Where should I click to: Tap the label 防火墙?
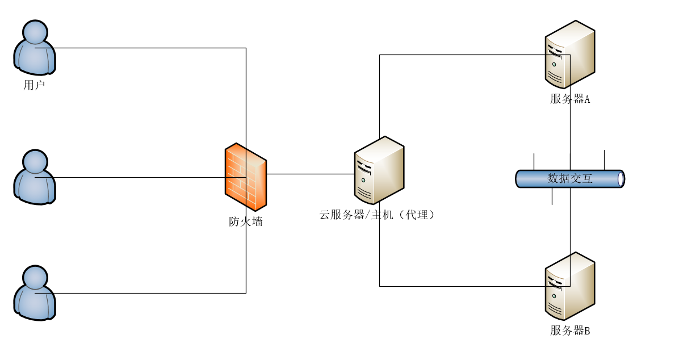tap(246, 222)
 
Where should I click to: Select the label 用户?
tap(34, 86)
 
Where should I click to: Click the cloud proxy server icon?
tap(379, 170)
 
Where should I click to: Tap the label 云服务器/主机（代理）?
tap(377, 215)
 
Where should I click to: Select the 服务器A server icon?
tap(570, 55)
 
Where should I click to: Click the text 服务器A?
tap(570, 99)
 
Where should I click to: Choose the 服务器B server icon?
tap(570, 286)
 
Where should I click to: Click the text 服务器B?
tap(570, 330)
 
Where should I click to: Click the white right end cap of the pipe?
tap(621, 179)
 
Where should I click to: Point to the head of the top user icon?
tap(35, 32)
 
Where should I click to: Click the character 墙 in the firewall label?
tap(257, 222)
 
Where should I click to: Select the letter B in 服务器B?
tap(587, 330)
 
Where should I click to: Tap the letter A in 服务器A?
tap(587, 99)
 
